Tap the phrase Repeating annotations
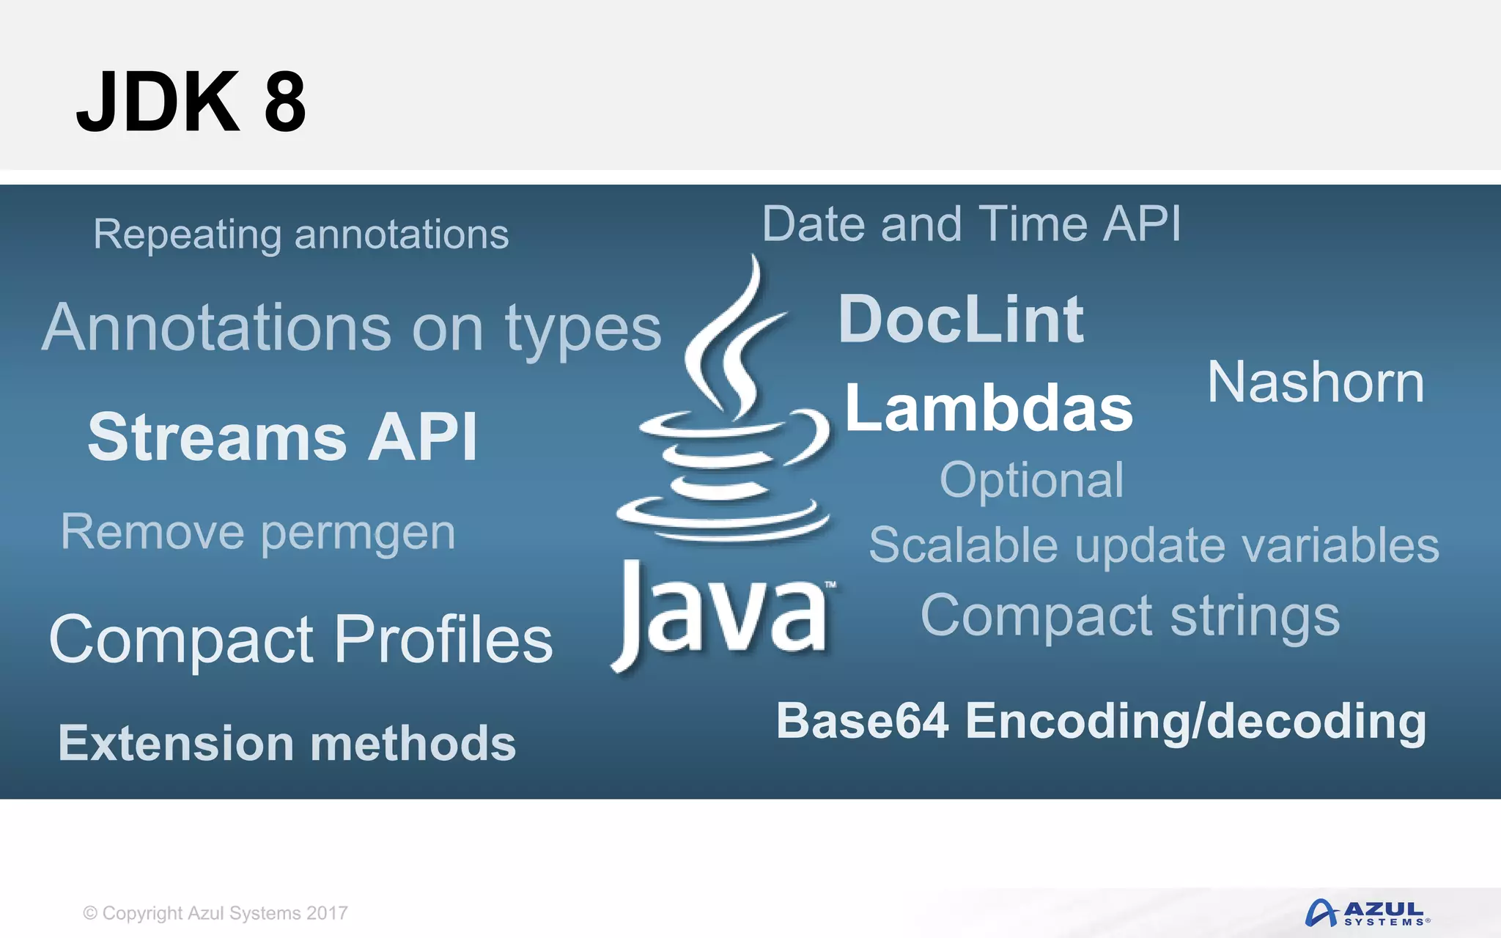300,234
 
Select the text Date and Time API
971,224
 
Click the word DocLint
960,320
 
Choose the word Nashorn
1316,383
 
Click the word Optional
1031,481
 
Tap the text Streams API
282,437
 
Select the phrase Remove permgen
258,533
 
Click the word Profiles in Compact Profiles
443,640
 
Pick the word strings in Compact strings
1255,617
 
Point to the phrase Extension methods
287,743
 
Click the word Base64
863,721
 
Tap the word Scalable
963,546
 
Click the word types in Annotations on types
583,330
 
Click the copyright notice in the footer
215,913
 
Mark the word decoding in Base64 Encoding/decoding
1316,723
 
